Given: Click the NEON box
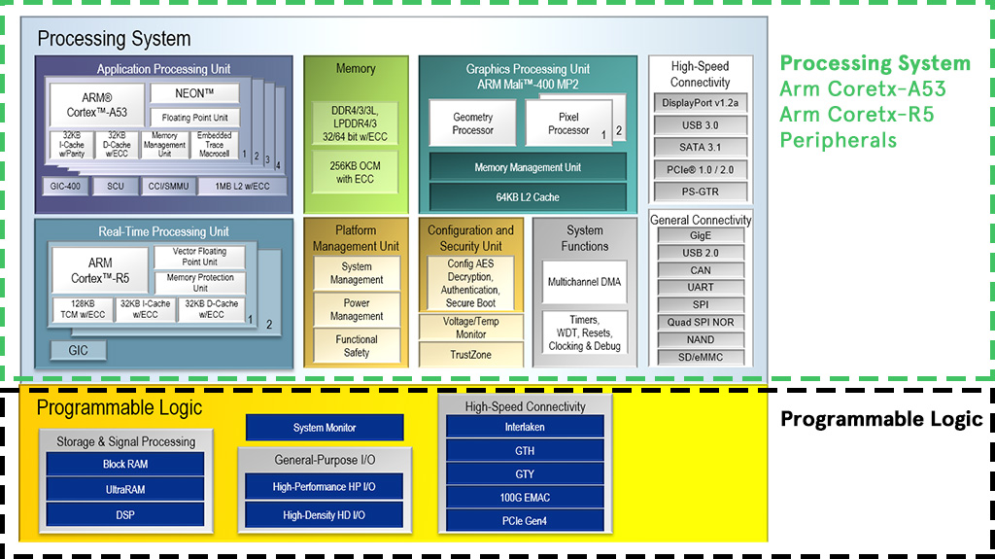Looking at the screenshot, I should pyautogui.click(x=194, y=93).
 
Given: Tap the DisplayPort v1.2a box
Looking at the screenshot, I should pyautogui.click(x=700, y=103).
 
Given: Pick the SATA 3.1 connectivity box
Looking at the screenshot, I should pyautogui.click(x=700, y=148).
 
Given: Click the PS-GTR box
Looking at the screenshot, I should pyautogui.click(x=700, y=192).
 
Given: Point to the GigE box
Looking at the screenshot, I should pyautogui.click(x=700, y=235).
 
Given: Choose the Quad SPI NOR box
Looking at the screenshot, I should pyautogui.click(x=700, y=323).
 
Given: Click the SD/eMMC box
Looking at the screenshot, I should pyautogui.click(x=700, y=357).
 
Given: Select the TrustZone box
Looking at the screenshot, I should pyautogui.click(x=470, y=355).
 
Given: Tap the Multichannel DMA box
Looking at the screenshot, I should pyautogui.click(x=584, y=282).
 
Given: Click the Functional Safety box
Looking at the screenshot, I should pyautogui.click(x=357, y=346).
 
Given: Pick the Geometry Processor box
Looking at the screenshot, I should pyautogui.click(x=472, y=122).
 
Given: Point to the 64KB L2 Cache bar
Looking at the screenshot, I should pyautogui.click(x=528, y=197).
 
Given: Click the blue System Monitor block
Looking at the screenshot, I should pyautogui.click(x=325, y=428).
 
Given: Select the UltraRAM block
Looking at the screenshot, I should pyautogui.click(x=125, y=489).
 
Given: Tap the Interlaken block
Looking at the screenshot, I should pyautogui.click(x=525, y=427).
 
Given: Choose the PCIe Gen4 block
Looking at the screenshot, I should pyautogui.click(x=525, y=521).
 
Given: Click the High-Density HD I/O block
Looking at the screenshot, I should pyautogui.click(x=325, y=515).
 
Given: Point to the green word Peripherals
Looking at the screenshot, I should pyautogui.click(x=838, y=140).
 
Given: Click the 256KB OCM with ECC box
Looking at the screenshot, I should pyautogui.click(x=356, y=172).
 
